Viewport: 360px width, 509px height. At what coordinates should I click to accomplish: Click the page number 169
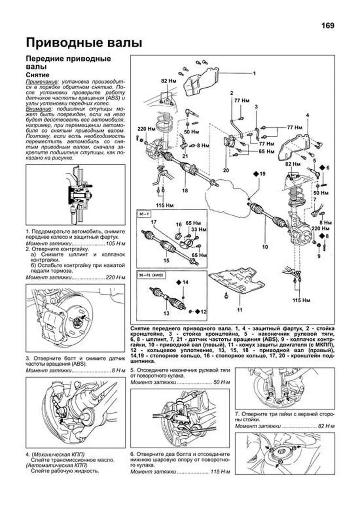coord(328,26)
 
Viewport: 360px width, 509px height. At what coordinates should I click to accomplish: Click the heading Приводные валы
coord(84,43)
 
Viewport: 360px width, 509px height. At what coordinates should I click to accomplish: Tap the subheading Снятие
coord(37,75)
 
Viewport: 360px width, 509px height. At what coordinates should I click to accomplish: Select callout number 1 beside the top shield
coord(254,73)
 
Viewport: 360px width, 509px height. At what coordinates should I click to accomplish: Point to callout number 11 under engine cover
coord(239,310)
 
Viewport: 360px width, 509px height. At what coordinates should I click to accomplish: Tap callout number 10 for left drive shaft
coord(265,247)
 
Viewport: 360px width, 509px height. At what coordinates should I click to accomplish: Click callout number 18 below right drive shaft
coord(185,190)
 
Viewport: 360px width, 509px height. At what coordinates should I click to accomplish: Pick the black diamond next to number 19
coord(256,174)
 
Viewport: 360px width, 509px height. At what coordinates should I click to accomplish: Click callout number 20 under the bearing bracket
coord(226,170)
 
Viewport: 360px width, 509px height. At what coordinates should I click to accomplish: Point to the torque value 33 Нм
coord(199,229)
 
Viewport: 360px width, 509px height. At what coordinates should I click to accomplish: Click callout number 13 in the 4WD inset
coord(166,313)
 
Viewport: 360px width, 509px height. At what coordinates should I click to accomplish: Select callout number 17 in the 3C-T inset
coord(154,222)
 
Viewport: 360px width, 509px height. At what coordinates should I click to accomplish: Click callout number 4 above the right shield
coord(307,115)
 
